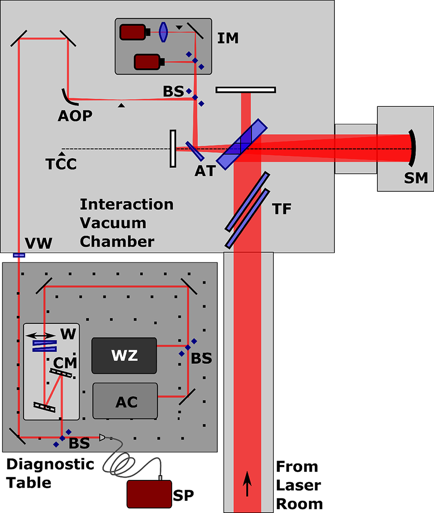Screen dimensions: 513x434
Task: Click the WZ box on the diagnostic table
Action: click(x=124, y=356)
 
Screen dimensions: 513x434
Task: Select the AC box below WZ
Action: click(x=125, y=401)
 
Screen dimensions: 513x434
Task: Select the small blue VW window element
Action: click(x=19, y=255)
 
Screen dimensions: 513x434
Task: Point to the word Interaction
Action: click(x=126, y=204)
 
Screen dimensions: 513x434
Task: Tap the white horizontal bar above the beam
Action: click(x=246, y=90)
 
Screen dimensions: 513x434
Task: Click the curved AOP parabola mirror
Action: click(x=66, y=96)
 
